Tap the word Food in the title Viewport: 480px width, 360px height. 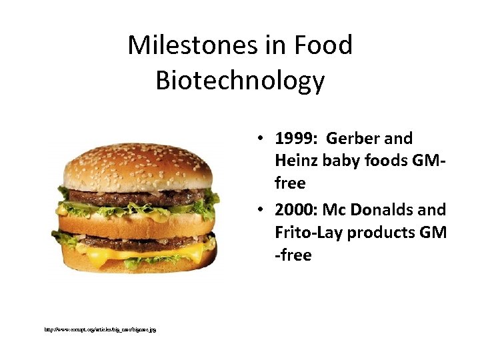(325, 45)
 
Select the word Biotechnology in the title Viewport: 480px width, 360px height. (240, 80)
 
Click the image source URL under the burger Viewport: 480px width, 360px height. (101, 329)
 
